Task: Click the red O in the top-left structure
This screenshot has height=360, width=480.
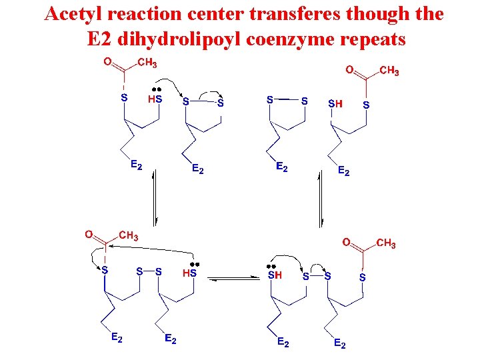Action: (107, 63)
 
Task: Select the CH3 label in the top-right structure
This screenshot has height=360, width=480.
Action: (389, 71)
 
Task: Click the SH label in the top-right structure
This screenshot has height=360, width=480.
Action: (335, 104)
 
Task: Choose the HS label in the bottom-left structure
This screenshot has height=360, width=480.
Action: (189, 272)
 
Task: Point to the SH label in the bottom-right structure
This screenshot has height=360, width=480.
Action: (275, 275)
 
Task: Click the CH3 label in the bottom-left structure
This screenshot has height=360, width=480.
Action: (129, 235)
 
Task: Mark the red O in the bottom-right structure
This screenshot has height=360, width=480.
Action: (347, 243)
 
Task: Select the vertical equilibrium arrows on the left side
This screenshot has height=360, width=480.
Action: (155, 198)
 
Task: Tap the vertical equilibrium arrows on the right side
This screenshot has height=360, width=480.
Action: (321, 198)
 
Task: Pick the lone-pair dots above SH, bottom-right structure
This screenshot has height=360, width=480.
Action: (271, 265)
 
